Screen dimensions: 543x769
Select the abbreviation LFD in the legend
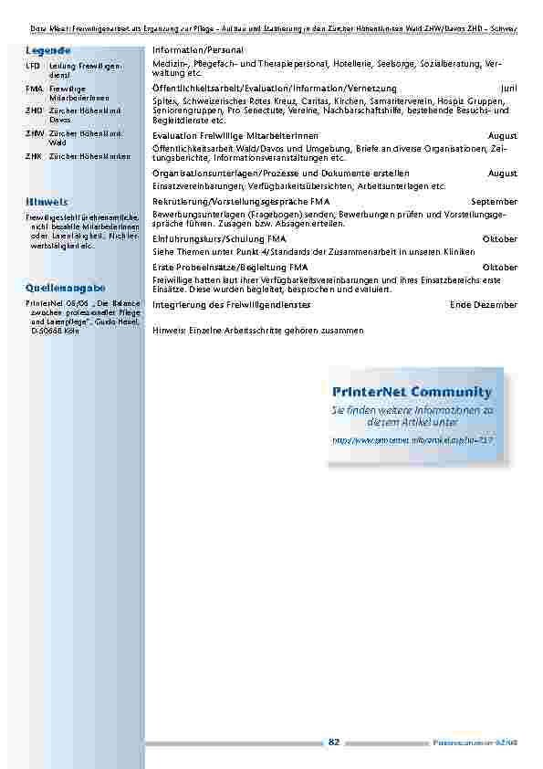[32, 68]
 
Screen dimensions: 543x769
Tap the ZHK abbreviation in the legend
[33, 157]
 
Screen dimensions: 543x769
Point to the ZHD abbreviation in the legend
[33, 111]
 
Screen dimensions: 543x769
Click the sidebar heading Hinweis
[46, 200]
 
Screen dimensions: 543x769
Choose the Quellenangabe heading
[59, 288]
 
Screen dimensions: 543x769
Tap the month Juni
[508, 87]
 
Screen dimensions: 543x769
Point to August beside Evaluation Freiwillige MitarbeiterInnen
[502, 135]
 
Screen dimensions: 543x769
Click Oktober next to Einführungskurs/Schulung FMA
[499, 238]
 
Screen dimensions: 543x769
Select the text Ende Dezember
[484, 304]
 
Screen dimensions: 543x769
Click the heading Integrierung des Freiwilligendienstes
[231, 304]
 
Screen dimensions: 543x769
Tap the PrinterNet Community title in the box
[412, 392]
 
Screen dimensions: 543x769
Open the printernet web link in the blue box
[412, 439]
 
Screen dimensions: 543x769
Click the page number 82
[334, 743]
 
